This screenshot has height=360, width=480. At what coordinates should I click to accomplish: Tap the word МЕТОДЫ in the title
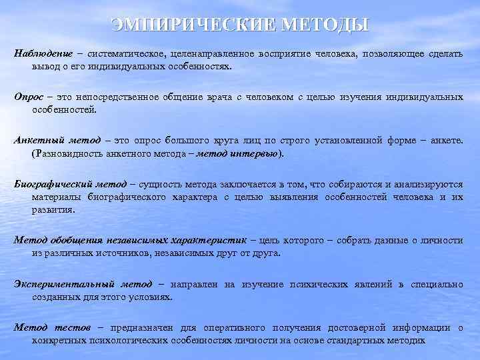point(325,25)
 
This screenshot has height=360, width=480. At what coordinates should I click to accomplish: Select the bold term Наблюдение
point(43,53)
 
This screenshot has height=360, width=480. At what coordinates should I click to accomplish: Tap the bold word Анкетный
point(37,141)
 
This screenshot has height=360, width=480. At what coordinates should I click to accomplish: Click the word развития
point(53,209)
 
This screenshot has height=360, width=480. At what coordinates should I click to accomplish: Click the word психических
point(318,284)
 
